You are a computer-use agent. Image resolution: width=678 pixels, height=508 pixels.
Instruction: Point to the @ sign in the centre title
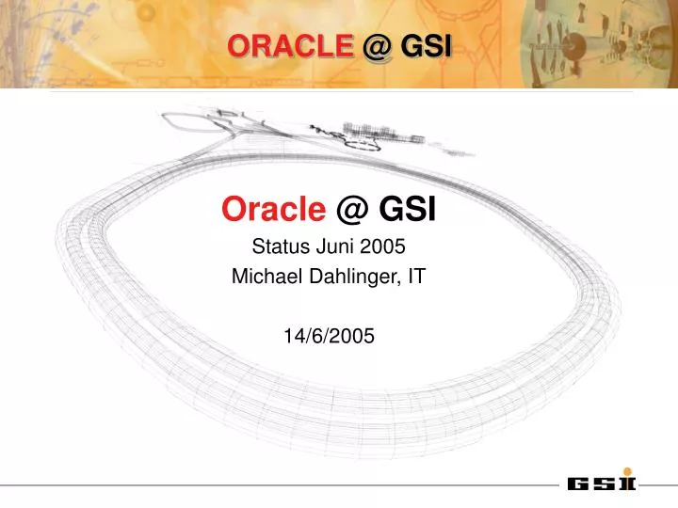pyautogui.click(x=350, y=211)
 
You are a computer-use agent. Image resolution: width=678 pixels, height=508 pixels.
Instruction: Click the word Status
pyautogui.click(x=278, y=247)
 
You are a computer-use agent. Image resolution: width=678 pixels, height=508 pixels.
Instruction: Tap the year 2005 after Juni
pyautogui.click(x=382, y=247)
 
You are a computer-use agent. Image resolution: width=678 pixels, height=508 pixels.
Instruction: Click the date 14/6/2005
pyautogui.click(x=329, y=335)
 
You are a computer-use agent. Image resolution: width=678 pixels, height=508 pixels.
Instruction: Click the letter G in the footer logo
pyautogui.click(x=580, y=484)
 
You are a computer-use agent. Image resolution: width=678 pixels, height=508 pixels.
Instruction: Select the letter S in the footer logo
pyautogui.click(x=605, y=484)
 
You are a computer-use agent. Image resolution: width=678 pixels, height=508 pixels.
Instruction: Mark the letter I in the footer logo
pyautogui.click(x=627, y=484)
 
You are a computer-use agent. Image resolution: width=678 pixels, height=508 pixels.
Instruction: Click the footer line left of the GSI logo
pyautogui.click(x=282, y=486)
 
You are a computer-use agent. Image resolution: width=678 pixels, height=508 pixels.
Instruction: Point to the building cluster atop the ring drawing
pyautogui.click(x=381, y=133)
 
